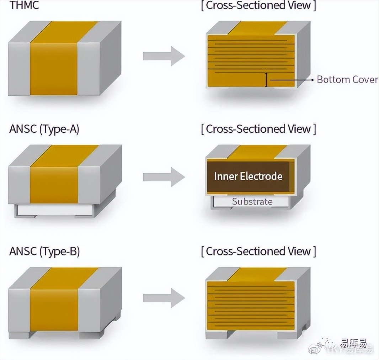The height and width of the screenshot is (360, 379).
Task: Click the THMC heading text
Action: [x=25, y=6]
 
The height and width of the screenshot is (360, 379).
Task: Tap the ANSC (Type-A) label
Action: [x=44, y=129]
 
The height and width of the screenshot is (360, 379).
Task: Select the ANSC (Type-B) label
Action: [x=44, y=251]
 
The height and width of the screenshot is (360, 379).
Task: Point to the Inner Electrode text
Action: [x=248, y=176]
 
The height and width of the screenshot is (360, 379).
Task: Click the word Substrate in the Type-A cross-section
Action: [x=252, y=201]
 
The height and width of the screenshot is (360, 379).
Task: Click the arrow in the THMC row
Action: [x=164, y=56]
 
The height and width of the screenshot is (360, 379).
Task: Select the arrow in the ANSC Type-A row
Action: [x=164, y=177]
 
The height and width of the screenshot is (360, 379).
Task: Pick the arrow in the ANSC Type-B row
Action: [x=164, y=298]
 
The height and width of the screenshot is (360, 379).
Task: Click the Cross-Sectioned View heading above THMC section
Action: [x=258, y=6]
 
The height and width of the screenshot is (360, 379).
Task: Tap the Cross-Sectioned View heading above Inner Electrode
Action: [x=258, y=129]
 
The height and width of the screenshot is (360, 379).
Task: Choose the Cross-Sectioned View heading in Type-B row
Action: [x=258, y=251]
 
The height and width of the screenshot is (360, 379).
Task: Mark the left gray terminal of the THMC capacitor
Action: [x=19, y=69]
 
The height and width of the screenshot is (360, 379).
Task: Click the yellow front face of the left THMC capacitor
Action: [x=53, y=69]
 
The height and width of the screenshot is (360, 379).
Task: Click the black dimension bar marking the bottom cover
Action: [x=266, y=80]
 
